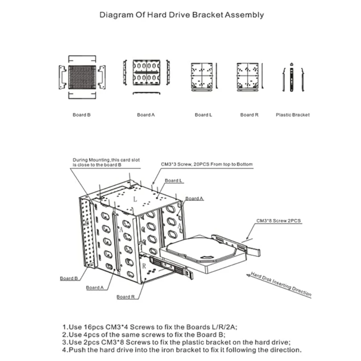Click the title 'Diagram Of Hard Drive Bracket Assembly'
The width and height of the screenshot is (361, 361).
point(181,14)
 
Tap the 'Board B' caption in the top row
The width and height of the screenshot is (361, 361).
point(82,115)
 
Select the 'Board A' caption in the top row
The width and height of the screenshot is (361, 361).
point(146,115)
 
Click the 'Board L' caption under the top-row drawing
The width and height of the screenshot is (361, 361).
point(203,115)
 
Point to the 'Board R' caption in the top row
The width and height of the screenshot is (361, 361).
point(249,115)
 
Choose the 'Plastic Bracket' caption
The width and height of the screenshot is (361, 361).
point(292,115)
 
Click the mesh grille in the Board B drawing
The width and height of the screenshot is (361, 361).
point(82,77)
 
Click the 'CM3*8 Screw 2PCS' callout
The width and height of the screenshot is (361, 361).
point(278,221)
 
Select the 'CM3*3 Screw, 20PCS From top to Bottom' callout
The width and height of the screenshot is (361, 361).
point(207,164)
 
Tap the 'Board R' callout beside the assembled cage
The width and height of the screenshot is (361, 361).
point(126,297)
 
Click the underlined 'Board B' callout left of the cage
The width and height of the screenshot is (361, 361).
point(69,278)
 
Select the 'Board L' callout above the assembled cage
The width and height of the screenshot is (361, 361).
point(174,180)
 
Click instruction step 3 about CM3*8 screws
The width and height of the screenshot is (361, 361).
point(176,342)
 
